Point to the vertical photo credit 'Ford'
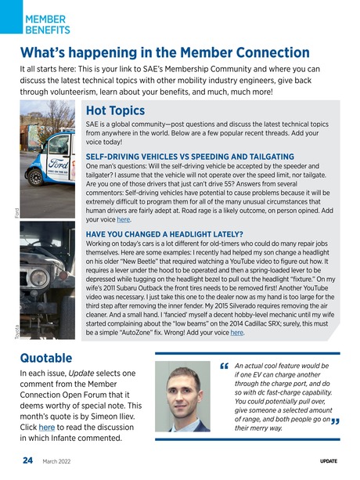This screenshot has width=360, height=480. (16, 211)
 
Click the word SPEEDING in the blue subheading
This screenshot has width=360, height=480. (206, 157)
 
